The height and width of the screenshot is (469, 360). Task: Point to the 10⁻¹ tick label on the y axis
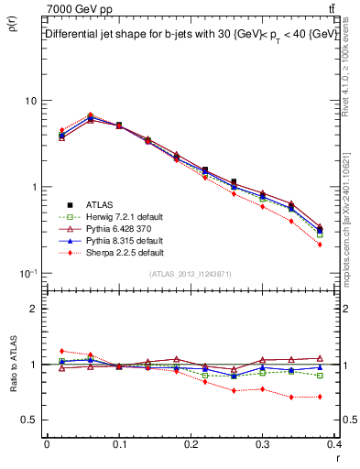pos(27,273)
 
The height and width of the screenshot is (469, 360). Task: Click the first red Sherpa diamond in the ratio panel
pos(61,351)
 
